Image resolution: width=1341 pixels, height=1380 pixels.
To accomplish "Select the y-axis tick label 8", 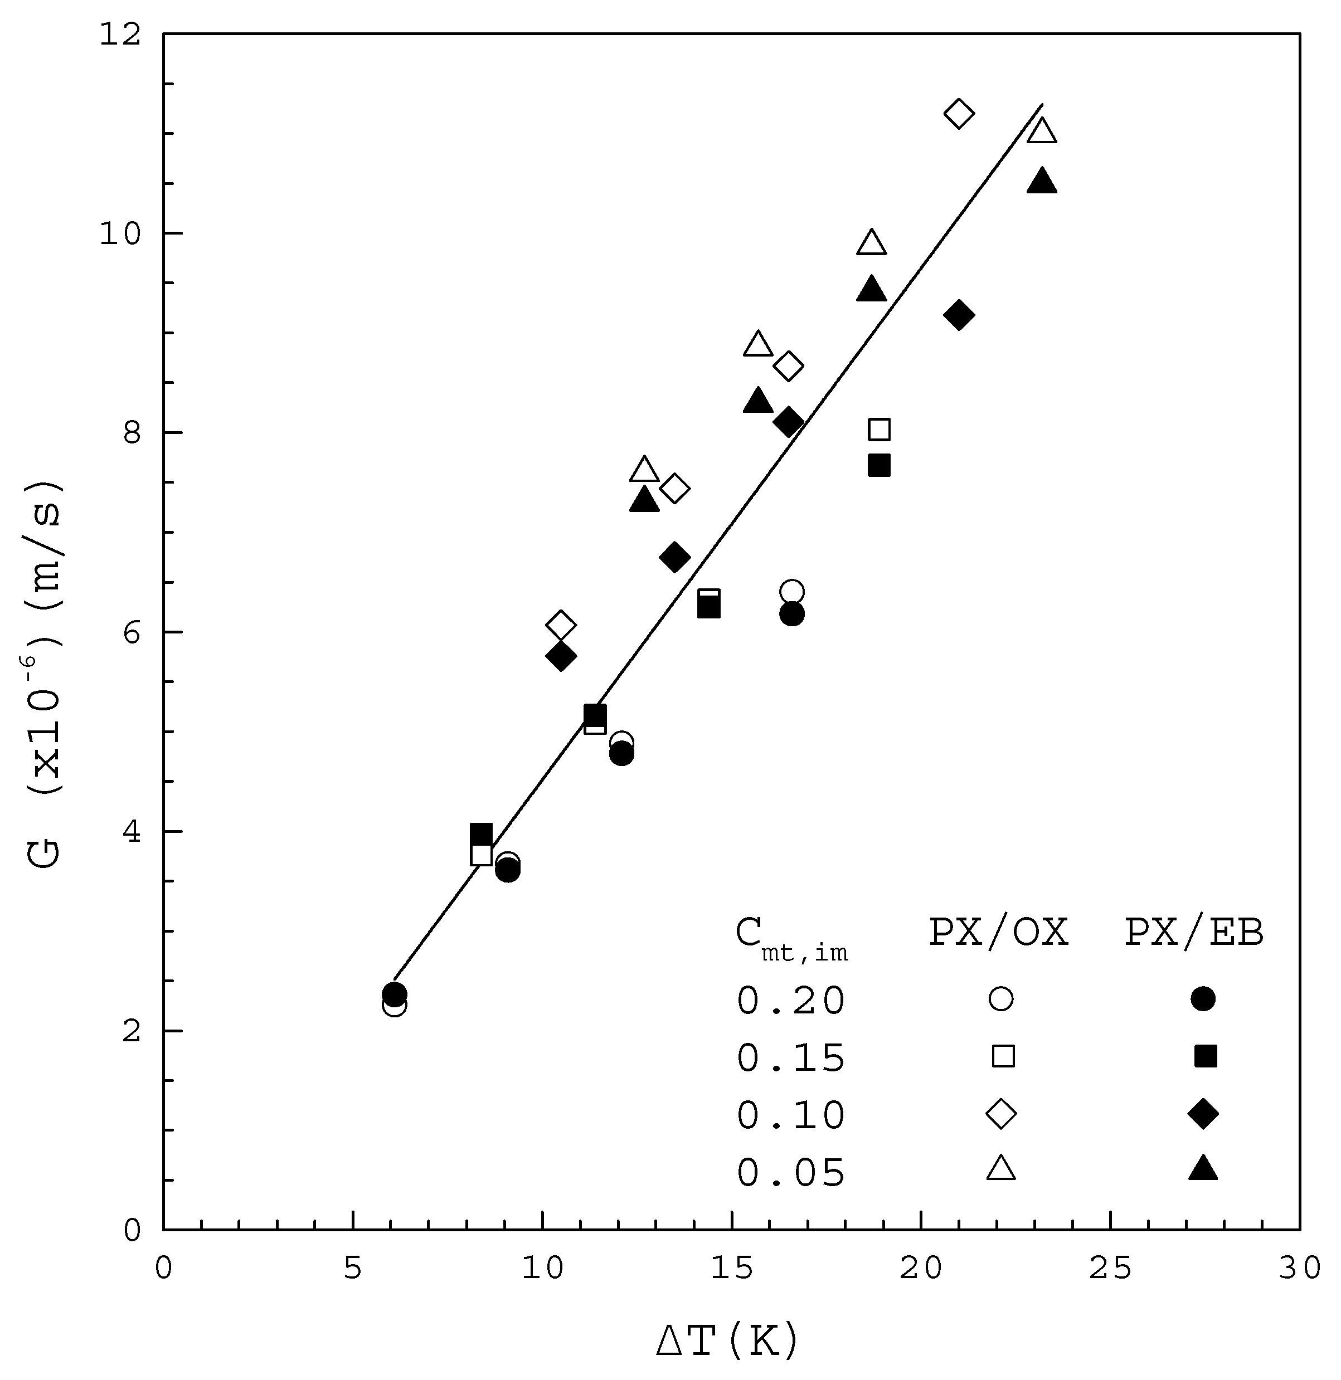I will [x=132, y=433].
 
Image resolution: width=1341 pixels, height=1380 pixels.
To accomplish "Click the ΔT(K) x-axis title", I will [x=727, y=1339].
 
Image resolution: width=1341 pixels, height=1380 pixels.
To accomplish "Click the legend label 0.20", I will [x=791, y=1000].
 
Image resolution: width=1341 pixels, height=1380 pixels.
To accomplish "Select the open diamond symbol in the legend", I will [x=1001, y=1114].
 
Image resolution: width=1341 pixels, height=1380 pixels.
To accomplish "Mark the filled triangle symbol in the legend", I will [x=1203, y=1169].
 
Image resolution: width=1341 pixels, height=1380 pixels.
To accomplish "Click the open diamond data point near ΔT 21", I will [x=959, y=113].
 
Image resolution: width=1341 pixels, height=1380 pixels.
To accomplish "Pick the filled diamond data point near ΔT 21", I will [x=959, y=314].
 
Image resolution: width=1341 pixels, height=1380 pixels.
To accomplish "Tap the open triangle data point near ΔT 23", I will [x=1042, y=131].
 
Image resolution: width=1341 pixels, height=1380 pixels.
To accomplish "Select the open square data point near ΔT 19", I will [x=879, y=429].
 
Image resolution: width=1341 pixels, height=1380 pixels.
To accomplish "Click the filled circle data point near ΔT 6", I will [x=395, y=994].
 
